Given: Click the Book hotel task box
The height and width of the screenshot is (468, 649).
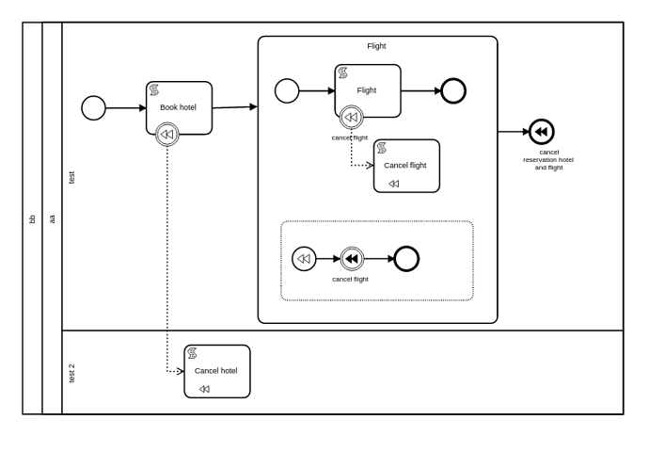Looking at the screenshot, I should point(179,106).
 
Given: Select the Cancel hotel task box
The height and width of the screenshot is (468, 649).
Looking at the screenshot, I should point(217,371).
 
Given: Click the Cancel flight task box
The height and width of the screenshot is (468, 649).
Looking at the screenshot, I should point(406,166).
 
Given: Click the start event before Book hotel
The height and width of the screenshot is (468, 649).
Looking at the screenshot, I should point(94,108).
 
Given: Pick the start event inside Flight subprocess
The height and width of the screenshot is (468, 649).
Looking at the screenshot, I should point(287,90).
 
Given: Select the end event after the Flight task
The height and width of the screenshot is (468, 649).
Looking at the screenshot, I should point(453,90).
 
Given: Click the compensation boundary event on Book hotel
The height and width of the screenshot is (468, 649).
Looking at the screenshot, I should point(167,135).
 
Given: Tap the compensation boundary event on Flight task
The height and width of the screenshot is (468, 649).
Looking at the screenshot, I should point(351,118).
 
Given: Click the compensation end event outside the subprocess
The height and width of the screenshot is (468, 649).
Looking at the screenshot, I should point(542,132).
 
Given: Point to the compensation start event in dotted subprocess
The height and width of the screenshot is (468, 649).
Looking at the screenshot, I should point(304,259).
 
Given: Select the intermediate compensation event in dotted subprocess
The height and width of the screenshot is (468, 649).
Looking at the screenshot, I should point(352,259).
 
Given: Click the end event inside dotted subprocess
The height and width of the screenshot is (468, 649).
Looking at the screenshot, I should point(406,259).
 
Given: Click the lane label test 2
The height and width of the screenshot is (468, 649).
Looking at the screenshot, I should point(71,373).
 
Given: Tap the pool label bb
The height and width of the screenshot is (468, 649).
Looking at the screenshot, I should point(32,218).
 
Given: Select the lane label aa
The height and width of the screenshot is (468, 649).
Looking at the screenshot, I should point(52,218).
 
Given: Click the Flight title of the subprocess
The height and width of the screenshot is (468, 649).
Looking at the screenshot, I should point(376,46).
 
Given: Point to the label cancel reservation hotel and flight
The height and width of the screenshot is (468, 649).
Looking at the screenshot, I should point(548,160).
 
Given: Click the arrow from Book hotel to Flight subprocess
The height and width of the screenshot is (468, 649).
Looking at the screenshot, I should point(235,107).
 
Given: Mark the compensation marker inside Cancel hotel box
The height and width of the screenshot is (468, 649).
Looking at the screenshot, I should point(204,389).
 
